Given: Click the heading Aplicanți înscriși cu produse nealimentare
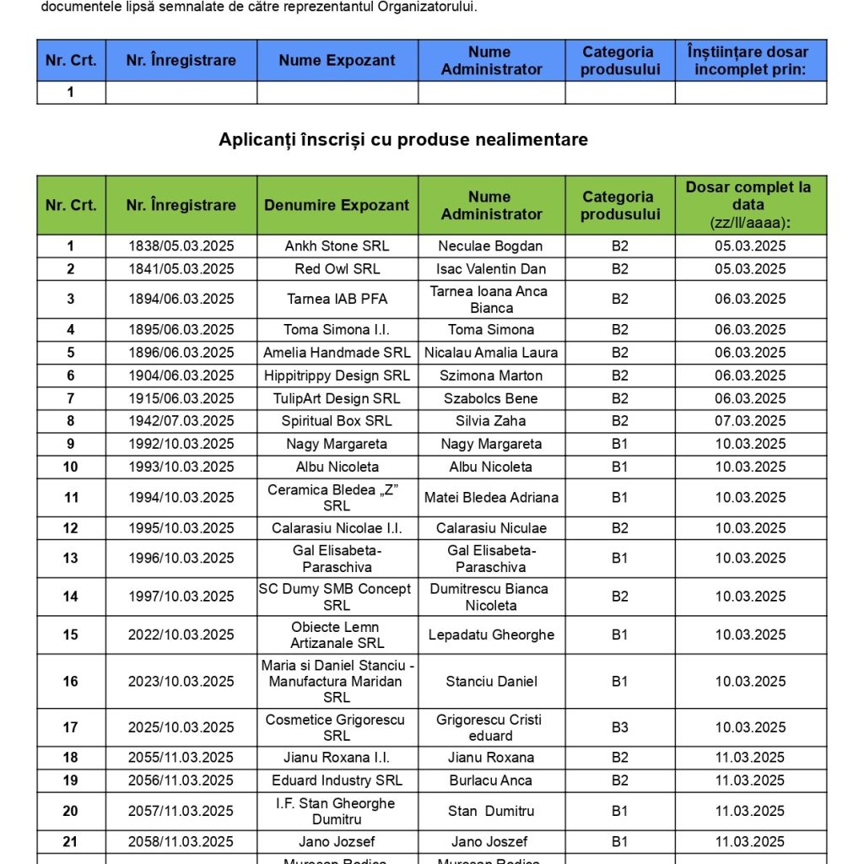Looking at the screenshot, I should click(403, 140).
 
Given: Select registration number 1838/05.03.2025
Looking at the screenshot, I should click(181, 246).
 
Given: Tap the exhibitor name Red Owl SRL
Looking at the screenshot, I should click(337, 269).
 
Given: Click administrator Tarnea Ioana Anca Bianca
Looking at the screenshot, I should click(491, 300).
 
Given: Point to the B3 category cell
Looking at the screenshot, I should click(620, 727).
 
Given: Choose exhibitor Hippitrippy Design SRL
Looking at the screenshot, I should click(337, 375).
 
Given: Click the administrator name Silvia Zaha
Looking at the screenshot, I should click(491, 421).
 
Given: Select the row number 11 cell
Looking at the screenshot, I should click(71, 498).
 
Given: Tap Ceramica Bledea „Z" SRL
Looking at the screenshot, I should click(337, 498).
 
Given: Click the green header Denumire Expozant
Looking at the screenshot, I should click(337, 205).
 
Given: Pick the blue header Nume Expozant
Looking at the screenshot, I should click(337, 61).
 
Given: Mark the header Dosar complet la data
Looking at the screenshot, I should click(750, 205).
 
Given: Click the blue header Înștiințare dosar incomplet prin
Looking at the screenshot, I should click(750, 61).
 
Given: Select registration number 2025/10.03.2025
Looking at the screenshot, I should click(181, 727).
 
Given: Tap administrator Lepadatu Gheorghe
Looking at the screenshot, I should click(491, 634).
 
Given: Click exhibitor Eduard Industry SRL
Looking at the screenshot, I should click(337, 780).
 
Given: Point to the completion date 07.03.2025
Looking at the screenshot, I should click(750, 421).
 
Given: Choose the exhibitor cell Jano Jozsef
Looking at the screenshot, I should click(337, 841).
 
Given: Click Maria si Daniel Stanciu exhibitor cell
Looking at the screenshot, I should click(337, 681).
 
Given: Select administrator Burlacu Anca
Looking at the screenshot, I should click(491, 780).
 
